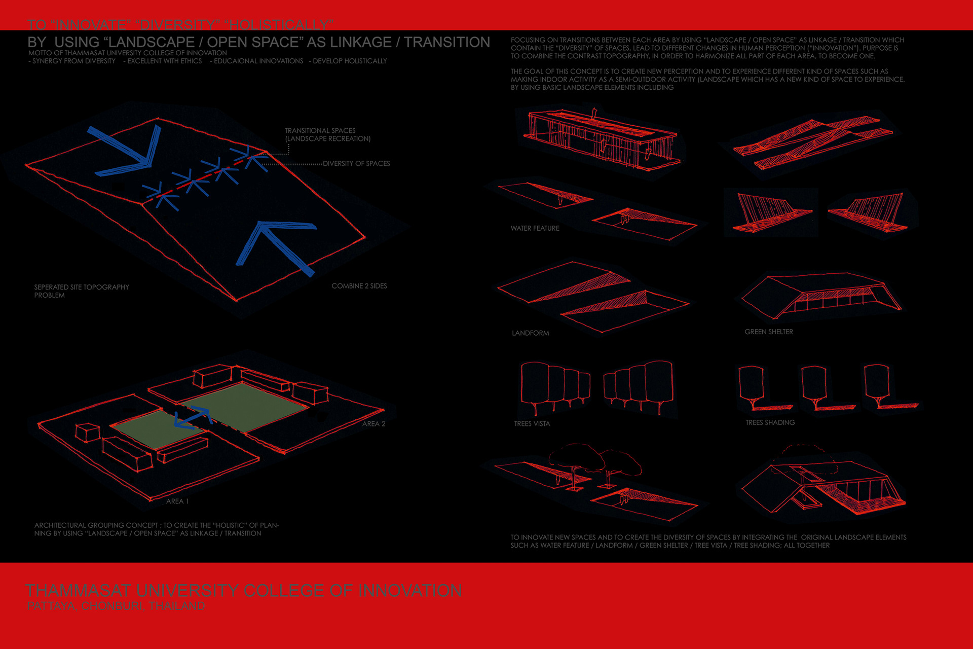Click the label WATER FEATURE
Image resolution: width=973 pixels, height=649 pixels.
point(535,228)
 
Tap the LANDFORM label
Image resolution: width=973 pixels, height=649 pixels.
point(530,333)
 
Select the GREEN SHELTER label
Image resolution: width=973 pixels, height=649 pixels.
point(768,332)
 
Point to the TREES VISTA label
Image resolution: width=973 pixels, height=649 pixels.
point(532,423)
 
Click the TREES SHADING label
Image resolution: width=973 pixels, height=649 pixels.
point(770,422)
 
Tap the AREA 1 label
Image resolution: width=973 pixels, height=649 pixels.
point(177,501)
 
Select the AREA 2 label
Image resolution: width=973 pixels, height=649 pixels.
point(373,424)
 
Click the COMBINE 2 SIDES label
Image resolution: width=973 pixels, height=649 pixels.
point(359,286)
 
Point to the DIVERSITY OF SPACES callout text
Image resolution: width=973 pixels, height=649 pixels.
point(356,163)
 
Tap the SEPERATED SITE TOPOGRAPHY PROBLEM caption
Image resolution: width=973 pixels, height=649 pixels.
point(81,291)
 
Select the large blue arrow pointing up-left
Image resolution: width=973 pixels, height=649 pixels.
point(274,243)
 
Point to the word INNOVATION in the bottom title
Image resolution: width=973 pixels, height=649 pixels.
point(410,590)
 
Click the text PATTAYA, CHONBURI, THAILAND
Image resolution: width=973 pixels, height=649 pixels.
point(116,606)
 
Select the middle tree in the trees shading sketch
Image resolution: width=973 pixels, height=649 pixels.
point(814,385)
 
